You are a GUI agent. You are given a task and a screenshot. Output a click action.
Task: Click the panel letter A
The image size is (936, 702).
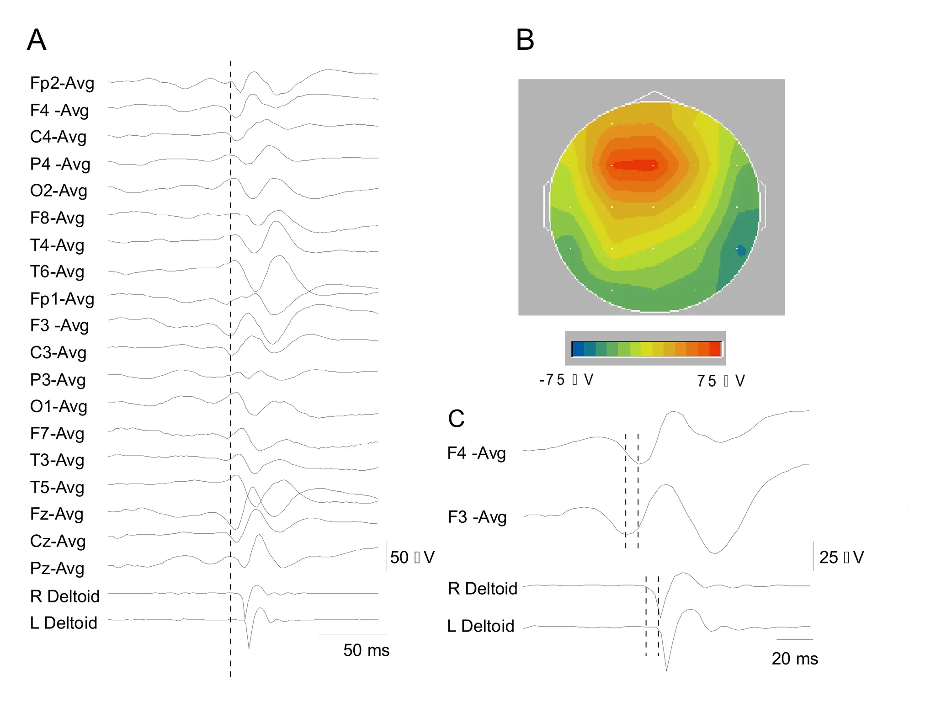tap(37, 40)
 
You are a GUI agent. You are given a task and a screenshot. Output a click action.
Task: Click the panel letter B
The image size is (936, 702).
tap(525, 40)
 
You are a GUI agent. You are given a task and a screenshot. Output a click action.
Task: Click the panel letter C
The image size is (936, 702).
tap(456, 418)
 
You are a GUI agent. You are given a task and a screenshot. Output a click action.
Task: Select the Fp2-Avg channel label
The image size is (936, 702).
tap(62, 83)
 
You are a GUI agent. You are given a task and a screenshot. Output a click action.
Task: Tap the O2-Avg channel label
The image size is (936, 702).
tap(58, 191)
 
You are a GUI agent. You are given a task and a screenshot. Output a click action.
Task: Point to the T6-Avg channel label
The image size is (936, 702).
tap(57, 271)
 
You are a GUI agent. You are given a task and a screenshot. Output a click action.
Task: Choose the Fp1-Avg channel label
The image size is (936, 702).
tap(62, 299)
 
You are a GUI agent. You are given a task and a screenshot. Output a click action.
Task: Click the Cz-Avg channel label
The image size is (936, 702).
tap(58, 541)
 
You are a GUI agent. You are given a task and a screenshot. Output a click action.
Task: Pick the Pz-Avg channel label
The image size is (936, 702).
tap(57, 568)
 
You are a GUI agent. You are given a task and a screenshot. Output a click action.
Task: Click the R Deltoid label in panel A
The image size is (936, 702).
tap(64, 596)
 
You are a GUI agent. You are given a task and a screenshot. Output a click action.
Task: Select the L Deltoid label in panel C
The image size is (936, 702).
tap(481, 626)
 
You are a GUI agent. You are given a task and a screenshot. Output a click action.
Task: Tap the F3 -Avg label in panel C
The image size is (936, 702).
tap(477, 517)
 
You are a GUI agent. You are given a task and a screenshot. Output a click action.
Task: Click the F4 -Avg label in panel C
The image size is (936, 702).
tap(477, 453)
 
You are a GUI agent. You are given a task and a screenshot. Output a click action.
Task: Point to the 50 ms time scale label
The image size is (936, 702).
tap(366, 650)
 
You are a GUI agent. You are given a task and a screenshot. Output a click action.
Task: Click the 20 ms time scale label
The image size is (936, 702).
tap(795, 659)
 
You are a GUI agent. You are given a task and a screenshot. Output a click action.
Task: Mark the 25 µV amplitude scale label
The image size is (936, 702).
tap(841, 557)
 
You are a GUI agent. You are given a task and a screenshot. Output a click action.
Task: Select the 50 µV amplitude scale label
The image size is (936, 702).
tap(412, 557)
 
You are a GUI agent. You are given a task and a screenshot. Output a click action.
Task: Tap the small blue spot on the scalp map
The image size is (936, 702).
tap(740, 250)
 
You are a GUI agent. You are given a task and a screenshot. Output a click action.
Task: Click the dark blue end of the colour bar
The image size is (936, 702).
tap(578, 349)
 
